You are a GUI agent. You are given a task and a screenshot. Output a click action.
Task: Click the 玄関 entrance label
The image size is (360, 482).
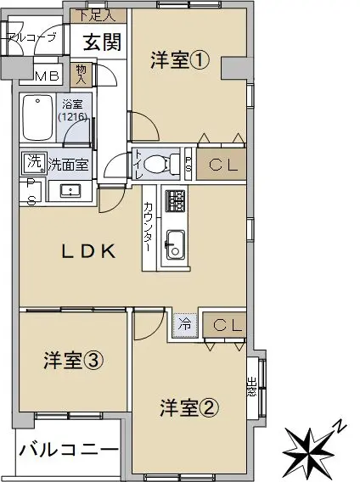pyautogui.click(x=103, y=42)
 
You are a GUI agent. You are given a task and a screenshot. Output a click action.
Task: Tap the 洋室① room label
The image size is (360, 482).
pyautogui.click(x=180, y=60)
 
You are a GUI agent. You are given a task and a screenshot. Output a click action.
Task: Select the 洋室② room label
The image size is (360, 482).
pyautogui.click(x=189, y=408)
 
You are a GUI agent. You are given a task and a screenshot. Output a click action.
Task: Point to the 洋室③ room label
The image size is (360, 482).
pyautogui.click(x=73, y=361)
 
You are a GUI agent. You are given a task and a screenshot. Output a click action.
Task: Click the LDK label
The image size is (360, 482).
pyautogui.click(x=89, y=251)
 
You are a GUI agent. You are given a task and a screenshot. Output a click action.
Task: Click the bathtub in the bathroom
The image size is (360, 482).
pyautogui.click(x=38, y=117)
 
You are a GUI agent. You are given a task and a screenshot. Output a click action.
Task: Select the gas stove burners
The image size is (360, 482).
pyautogui.click(x=176, y=201)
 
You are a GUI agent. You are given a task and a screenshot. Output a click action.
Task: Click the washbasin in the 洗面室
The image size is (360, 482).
pyautogui.click(x=70, y=191)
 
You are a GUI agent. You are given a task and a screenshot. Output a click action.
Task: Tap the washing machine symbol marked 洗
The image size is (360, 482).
pyautogui.click(x=34, y=163)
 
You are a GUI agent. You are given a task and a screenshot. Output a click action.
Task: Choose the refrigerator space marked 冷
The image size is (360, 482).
pyautogui.click(x=184, y=325)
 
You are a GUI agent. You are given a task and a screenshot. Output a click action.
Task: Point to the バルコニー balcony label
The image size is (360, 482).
pyautogui.click(x=69, y=451)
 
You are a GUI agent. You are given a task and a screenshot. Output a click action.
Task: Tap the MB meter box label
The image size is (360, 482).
pyautogui.click(x=47, y=76)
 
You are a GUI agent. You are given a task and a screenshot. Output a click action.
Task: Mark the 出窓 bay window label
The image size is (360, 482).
pyautogui.click(x=251, y=387)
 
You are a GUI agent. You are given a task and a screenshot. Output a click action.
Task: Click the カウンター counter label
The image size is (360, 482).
pyautogui.click(x=149, y=227)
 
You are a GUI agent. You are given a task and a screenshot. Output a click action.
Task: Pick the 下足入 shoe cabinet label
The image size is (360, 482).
pyautogui.click(x=96, y=15)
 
